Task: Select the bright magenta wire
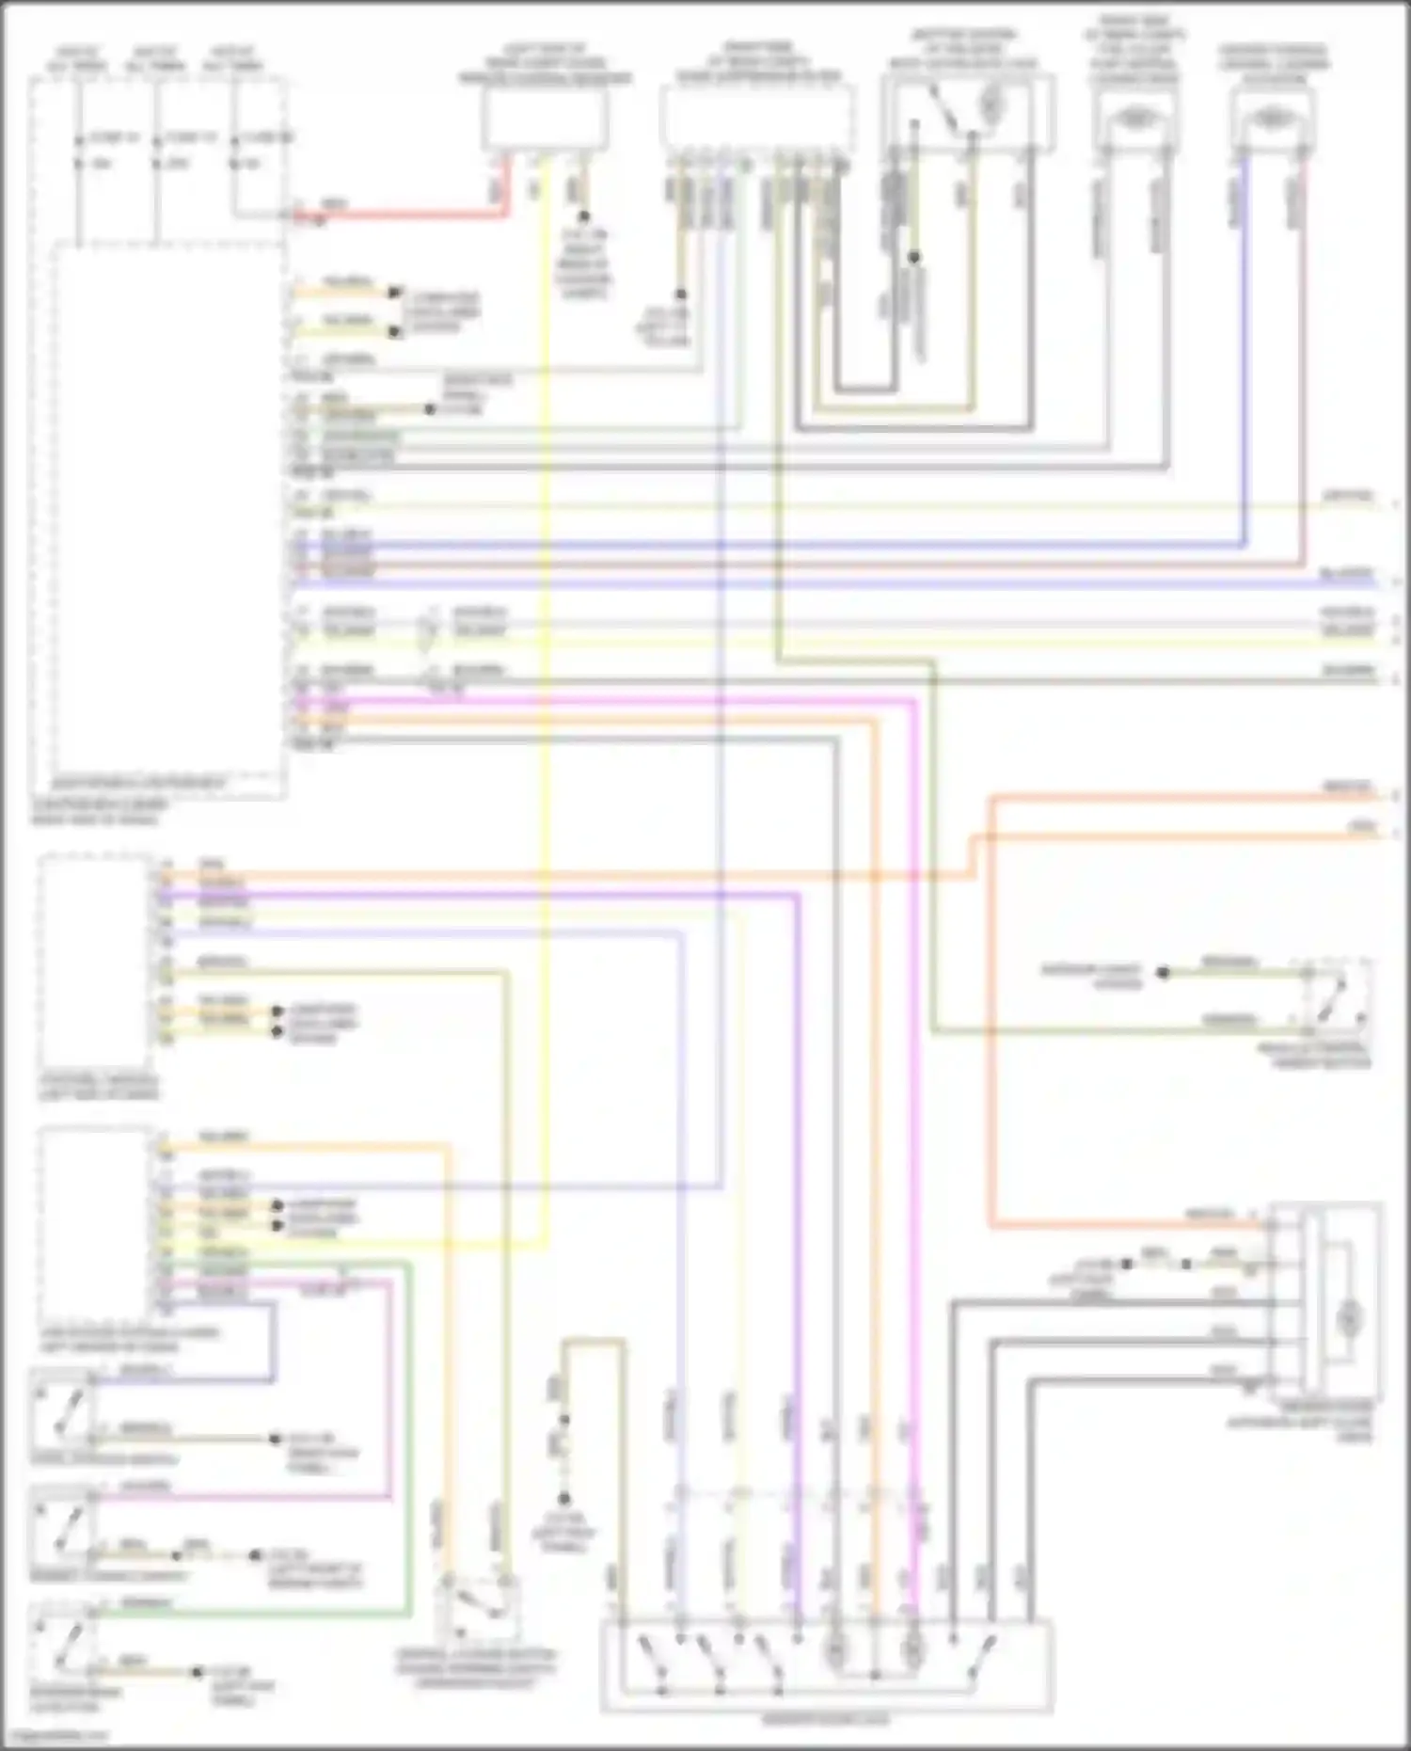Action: [912, 1035]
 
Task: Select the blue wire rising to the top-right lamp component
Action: [1245, 376]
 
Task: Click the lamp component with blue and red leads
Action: [1272, 119]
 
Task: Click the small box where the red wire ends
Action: [545, 119]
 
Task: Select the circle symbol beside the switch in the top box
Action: [991, 105]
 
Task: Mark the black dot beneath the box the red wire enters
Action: [583, 216]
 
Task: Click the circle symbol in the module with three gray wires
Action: [1349, 1317]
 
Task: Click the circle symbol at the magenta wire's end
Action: [911, 1649]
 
